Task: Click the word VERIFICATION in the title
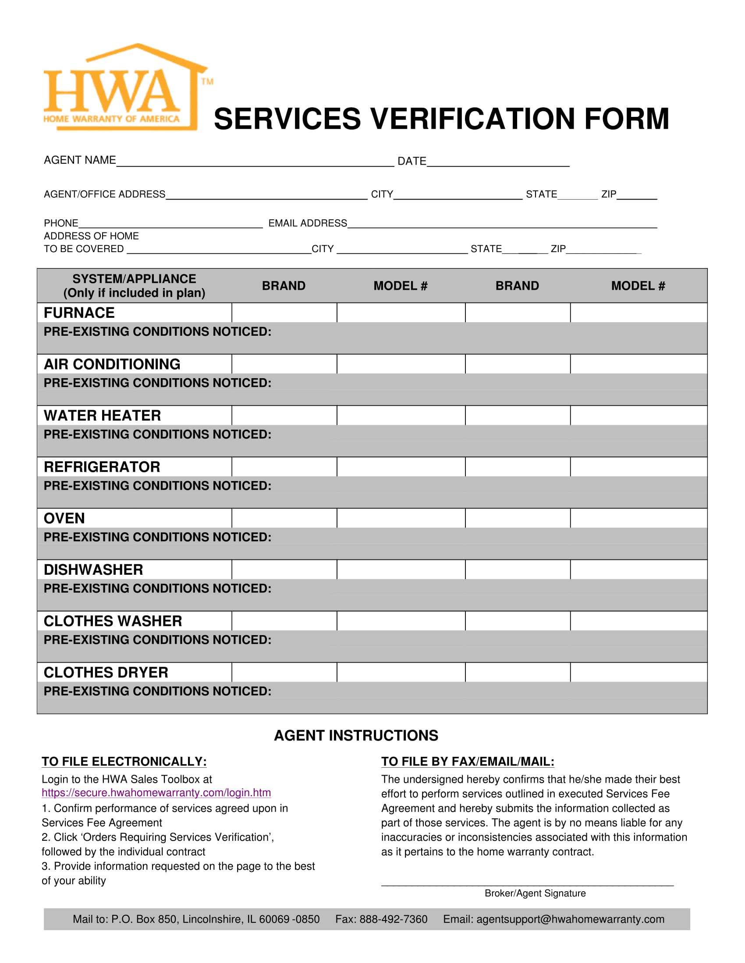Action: [473, 119]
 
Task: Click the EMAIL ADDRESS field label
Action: [308, 223]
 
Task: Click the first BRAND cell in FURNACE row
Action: [284, 313]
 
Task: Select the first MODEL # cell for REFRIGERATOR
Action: [400, 467]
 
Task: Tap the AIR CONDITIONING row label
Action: [112, 364]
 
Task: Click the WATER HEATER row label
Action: [103, 415]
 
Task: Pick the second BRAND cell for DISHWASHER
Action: [517, 569]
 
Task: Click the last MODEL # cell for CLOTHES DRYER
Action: [638, 672]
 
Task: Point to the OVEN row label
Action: [64, 518]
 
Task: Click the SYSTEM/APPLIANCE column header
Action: [134, 286]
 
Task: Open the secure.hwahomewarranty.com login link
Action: [156, 792]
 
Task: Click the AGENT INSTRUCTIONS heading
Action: [356, 735]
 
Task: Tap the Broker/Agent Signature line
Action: [527, 883]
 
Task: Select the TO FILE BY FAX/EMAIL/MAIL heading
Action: [468, 762]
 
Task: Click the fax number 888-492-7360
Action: [393, 919]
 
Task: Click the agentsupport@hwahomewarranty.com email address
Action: [570, 919]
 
